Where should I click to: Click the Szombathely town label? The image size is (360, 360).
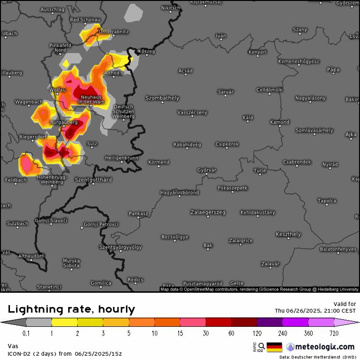[162, 98]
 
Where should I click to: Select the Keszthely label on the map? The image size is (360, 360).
[288, 234]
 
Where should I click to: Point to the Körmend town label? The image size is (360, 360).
[159, 162]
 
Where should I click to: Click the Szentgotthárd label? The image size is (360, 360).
[93, 180]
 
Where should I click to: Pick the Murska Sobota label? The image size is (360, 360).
[72, 263]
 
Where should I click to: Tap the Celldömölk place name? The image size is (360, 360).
[269, 90]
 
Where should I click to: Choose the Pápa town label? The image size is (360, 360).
[333, 70]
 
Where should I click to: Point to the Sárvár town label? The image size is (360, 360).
[225, 91]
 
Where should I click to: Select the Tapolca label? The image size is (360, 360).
[327, 201]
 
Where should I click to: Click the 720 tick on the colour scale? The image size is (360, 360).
[334, 333]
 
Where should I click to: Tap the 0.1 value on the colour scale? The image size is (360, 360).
[26, 333]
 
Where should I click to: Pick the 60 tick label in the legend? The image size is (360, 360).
[231, 333]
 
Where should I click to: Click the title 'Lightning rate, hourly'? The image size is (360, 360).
[72, 310]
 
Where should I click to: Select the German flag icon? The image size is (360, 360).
[274, 347]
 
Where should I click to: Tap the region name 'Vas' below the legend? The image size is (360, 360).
[12, 346]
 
